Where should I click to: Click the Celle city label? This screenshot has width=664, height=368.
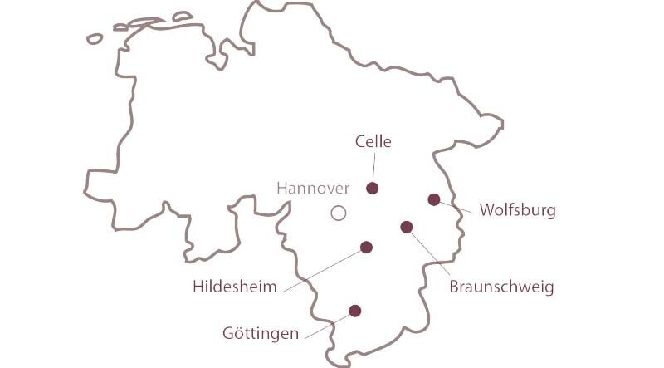tap(373, 142)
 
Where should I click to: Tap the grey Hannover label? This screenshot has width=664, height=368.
tap(313, 189)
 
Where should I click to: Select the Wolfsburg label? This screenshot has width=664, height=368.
tap(517, 210)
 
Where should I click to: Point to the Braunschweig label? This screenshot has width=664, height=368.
tap(501, 287)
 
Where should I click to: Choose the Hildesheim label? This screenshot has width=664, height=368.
tap(235, 287)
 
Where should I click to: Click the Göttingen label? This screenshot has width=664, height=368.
tap(261, 334)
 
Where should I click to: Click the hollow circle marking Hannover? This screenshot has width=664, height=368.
tap(338, 213)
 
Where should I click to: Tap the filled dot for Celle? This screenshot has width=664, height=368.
tap(372, 189)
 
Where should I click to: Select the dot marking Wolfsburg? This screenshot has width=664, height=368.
tap(433, 199)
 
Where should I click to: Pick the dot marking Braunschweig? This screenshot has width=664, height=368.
tap(407, 227)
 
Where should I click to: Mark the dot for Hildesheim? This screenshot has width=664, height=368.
tap(366, 247)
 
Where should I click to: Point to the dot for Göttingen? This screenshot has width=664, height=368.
tap(355, 311)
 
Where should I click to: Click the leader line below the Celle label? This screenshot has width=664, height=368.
tap(373, 166)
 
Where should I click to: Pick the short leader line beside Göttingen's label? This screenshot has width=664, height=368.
tap(325, 326)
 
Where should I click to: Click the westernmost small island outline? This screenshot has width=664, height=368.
tap(95, 38)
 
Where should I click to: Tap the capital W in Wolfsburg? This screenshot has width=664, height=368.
tap(487, 210)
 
